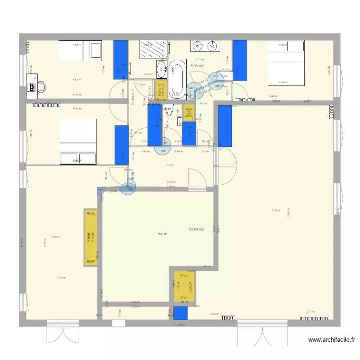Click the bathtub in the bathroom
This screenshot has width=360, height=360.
click(x=178, y=77)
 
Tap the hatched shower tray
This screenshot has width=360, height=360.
click(x=154, y=49)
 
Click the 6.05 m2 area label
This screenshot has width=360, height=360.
click(x=197, y=66)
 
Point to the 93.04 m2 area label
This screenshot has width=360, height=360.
click(x=197, y=229)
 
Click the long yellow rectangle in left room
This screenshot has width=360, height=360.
click(x=90, y=238)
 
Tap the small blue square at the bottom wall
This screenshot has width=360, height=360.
click(x=180, y=313)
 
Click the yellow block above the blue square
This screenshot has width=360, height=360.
click(x=184, y=287)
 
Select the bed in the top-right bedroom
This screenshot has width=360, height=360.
click(x=286, y=63)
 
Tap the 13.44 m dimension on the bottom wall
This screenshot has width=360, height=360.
click(x=180, y=325)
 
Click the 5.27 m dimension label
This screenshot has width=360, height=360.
click(x=162, y=234)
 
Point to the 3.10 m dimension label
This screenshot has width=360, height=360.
click(x=61, y=277)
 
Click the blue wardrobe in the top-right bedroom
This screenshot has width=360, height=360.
click(x=239, y=60)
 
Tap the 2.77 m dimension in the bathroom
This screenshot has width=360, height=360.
click(x=201, y=59)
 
